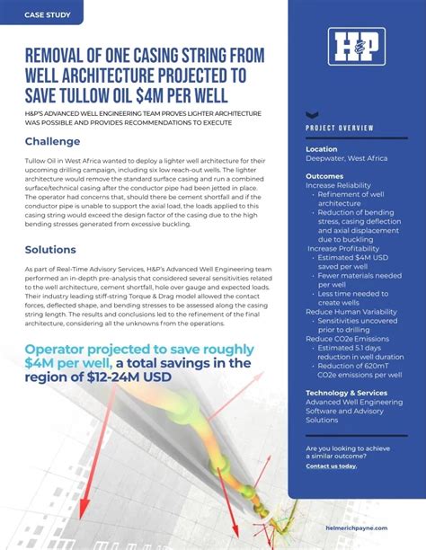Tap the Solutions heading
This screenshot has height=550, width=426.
coord(50,250)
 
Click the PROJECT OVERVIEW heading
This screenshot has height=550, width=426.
coord(340,129)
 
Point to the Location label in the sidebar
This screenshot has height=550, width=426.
coord(322,149)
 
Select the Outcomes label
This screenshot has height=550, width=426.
coord(324,176)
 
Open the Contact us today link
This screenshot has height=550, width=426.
coord(331,466)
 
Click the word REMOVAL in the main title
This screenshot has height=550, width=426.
coord(64,56)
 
